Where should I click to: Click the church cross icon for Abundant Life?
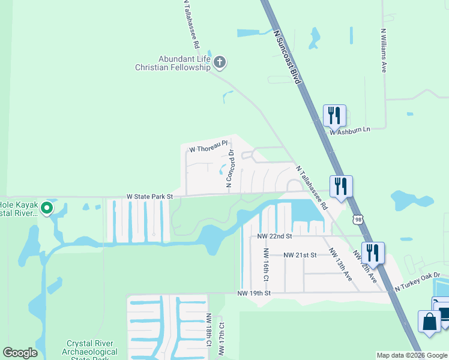pyautogui.click(x=220, y=61)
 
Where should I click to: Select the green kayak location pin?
pyautogui.click(x=46, y=209)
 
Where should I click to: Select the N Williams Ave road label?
pyautogui.click(x=384, y=50)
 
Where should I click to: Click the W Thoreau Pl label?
pyautogui.click(x=208, y=146)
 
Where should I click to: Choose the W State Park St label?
pyautogui.click(x=149, y=196)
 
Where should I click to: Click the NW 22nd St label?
pyautogui.click(x=274, y=237)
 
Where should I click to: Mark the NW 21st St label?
pyautogui.click(x=300, y=255)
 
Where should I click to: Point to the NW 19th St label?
pyautogui.click(x=255, y=293)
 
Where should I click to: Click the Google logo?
pyautogui.click(x=20, y=353)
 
